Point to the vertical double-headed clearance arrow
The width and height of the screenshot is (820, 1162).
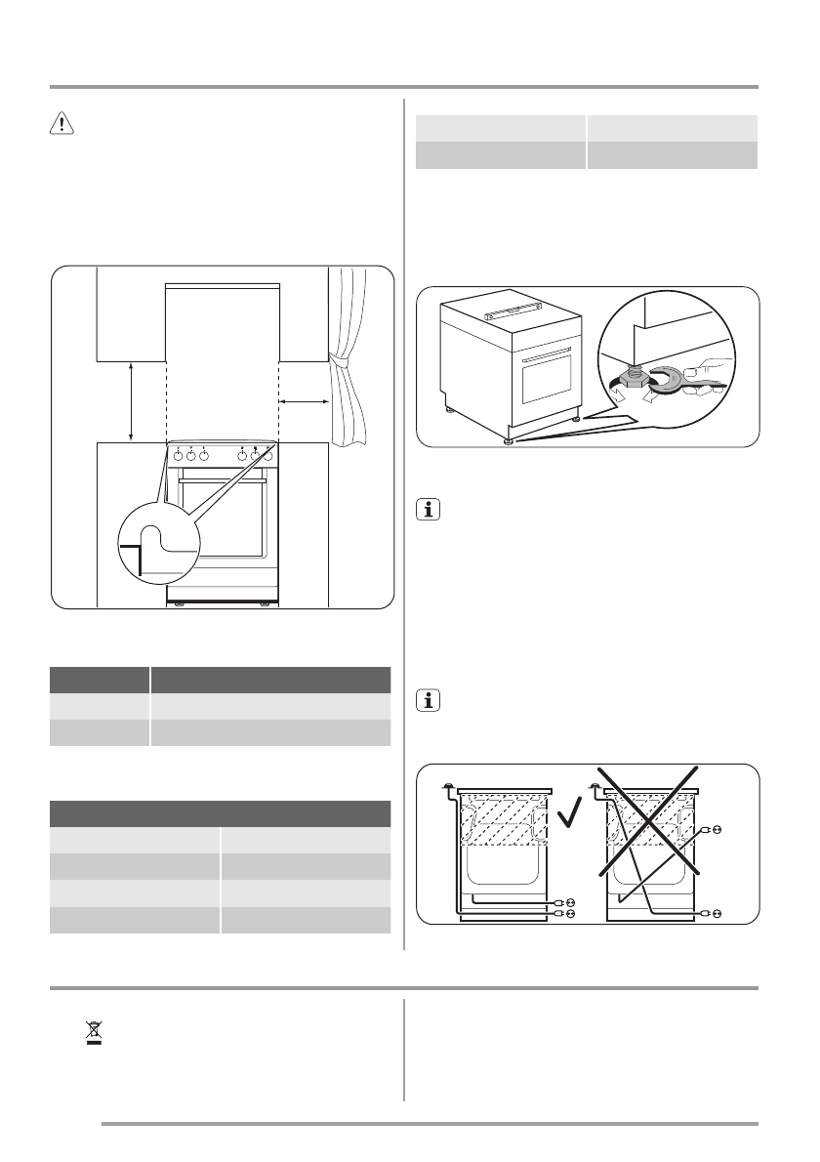tap(132, 400)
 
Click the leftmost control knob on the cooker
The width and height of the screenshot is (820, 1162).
tap(179, 455)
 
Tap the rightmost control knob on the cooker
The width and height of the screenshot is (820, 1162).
tap(266, 455)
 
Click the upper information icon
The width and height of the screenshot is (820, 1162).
tap(427, 510)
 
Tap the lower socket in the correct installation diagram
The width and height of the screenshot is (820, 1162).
tap(564, 914)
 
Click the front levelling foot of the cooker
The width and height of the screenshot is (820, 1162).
tap(507, 440)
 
